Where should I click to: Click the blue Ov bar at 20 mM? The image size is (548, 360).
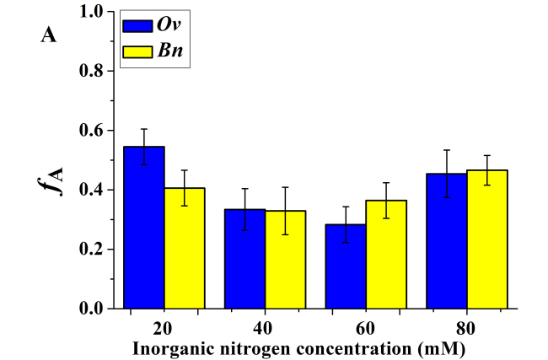(144, 228)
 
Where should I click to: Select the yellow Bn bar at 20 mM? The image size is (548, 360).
(185, 248)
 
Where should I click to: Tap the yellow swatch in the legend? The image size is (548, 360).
(138, 52)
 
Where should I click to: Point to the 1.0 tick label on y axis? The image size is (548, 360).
(91, 13)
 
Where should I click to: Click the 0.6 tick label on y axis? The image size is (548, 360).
(91, 131)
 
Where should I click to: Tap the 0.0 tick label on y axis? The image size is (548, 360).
(91, 309)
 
